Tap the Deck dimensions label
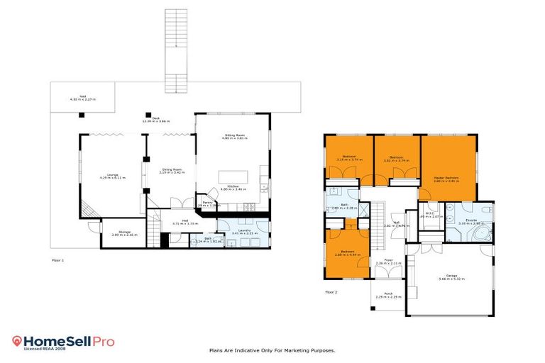point(145,123)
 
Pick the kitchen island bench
point(231,177)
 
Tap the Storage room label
point(124,233)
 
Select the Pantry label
point(208,203)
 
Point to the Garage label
point(451,277)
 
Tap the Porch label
point(388,296)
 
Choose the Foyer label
point(388,262)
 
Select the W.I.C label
point(431,214)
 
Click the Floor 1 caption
point(58,260)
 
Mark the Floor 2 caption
point(331,291)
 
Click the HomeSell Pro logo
point(63,342)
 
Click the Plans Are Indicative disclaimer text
point(272,350)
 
